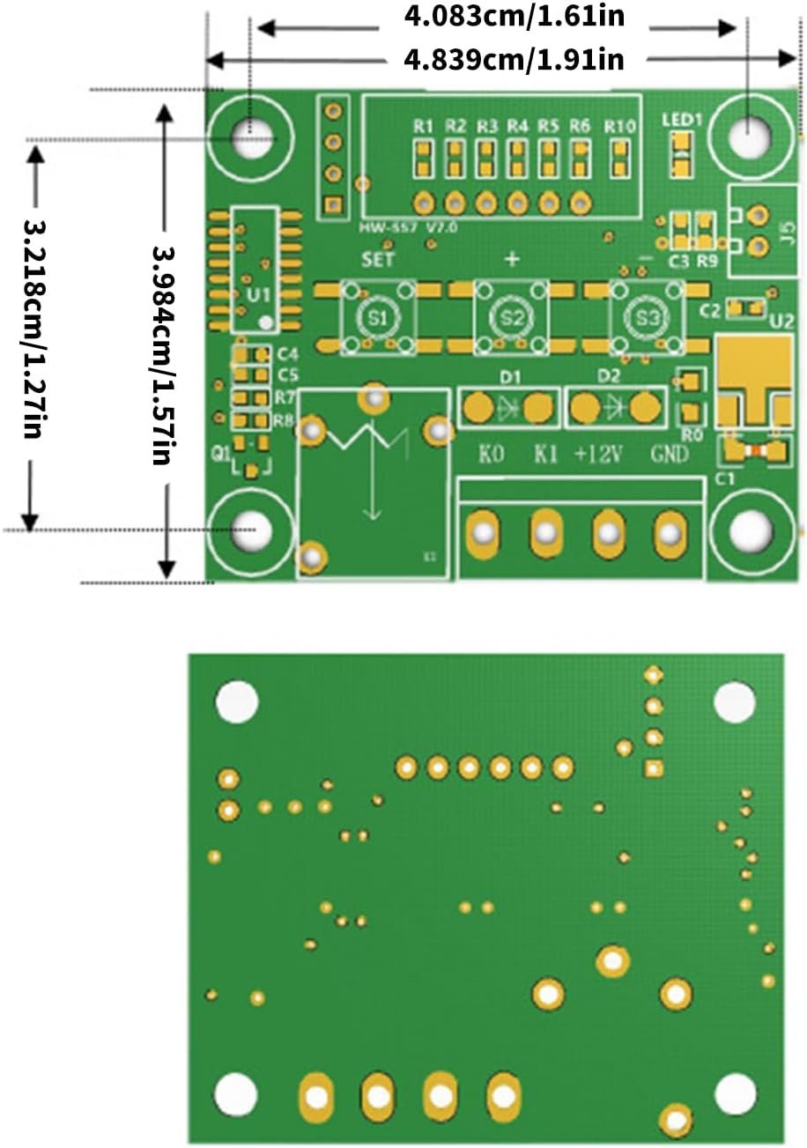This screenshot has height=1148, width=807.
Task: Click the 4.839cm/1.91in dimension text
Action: pyautogui.click(x=515, y=60)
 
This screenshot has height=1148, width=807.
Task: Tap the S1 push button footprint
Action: pyautogui.click(x=377, y=318)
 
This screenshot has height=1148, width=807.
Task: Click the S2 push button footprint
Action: pyautogui.click(x=511, y=318)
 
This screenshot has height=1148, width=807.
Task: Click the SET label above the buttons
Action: pyautogui.click(x=379, y=260)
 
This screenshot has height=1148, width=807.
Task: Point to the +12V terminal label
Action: pyautogui.click(x=599, y=455)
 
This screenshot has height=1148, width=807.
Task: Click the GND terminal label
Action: pyautogui.click(x=670, y=455)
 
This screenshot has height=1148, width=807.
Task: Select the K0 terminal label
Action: pyautogui.click(x=491, y=455)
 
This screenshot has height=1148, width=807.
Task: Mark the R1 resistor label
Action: pyautogui.click(x=424, y=126)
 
